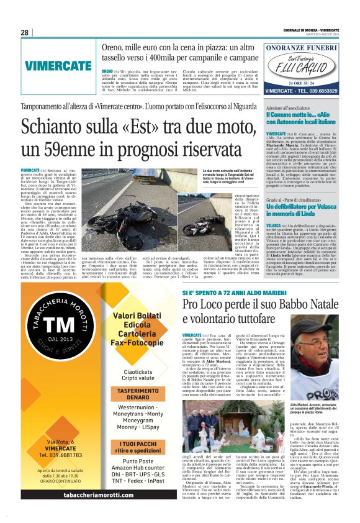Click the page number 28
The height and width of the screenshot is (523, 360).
[x=25, y=32]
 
